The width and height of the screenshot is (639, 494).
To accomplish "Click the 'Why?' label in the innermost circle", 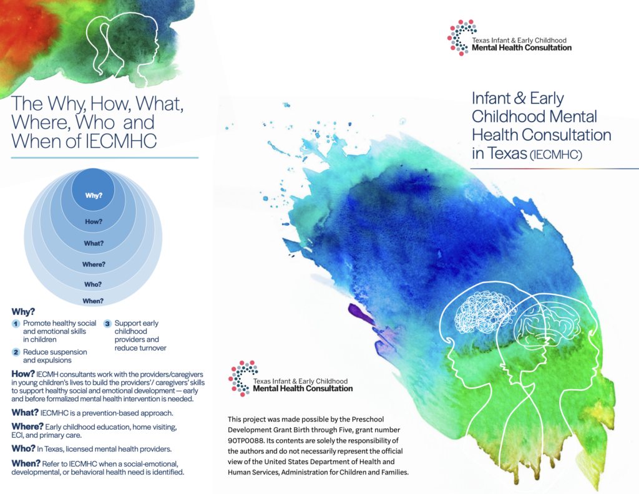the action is pyautogui.click(x=94, y=195).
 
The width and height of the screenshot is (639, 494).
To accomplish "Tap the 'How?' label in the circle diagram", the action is pyautogui.click(x=94, y=221).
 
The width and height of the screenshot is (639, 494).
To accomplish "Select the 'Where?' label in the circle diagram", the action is pyautogui.click(x=94, y=264).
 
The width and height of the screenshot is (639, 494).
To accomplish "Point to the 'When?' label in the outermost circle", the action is pyautogui.click(x=93, y=301).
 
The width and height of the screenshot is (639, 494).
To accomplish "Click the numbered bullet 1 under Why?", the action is pyautogui.click(x=16, y=324).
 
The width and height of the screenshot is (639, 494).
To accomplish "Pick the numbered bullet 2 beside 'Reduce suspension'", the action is pyautogui.click(x=16, y=352).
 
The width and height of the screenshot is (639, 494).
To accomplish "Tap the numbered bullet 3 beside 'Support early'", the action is pyautogui.click(x=107, y=324).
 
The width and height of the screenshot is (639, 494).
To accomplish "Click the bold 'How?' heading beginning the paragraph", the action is pyautogui.click(x=23, y=374).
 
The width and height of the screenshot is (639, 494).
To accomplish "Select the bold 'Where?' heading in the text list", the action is pyautogui.click(x=27, y=427).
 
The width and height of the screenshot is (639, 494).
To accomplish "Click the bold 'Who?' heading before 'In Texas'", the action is pyautogui.click(x=23, y=448).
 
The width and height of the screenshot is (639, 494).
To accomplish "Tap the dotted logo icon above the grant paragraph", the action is pyautogui.click(x=243, y=379).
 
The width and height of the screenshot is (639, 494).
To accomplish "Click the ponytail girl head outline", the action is pyautogui.click(x=122, y=47).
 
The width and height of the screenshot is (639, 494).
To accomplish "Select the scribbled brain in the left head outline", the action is pyautogui.click(x=483, y=312).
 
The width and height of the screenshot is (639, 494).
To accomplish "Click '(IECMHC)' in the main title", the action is pyautogui.click(x=556, y=155).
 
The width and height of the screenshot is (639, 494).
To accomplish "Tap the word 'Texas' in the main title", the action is pyautogui.click(x=507, y=153).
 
